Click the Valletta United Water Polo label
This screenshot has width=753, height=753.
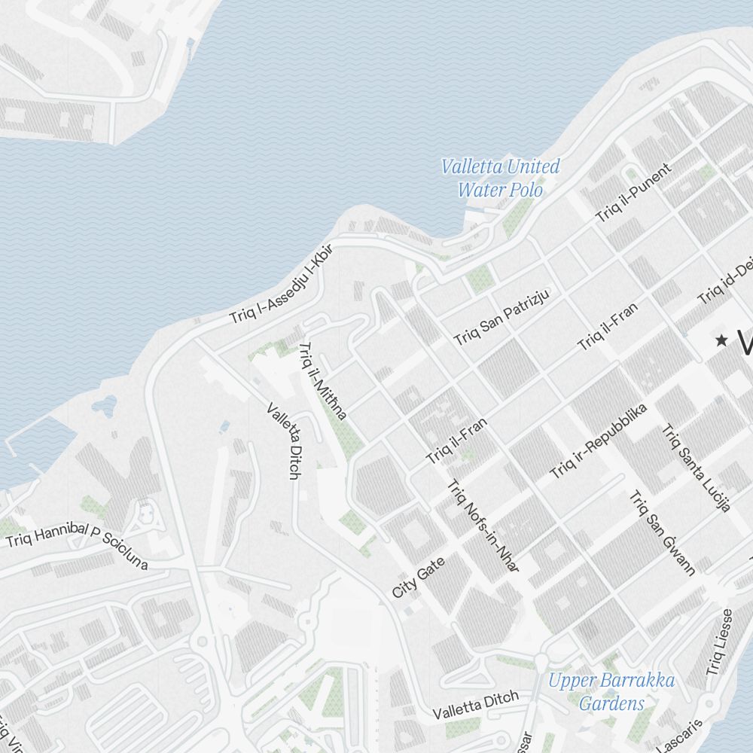(x=501, y=178)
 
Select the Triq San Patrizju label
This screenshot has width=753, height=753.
(x=502, y=317)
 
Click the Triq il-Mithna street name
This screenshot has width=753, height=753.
(x=322, y=381)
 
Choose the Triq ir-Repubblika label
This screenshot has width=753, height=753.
(x=599, y=441)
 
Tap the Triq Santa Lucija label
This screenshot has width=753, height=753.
(x=696, y=468)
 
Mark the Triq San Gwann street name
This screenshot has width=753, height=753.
(x=662, y=533)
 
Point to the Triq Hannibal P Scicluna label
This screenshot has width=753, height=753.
(x=77, y=546)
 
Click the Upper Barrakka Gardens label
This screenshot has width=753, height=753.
(x=611, y=692)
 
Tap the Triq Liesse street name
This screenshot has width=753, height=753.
(x=718, y=642)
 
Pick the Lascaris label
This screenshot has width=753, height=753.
(x=681, y=736)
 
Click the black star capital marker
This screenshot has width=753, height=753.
(x=721, y=340)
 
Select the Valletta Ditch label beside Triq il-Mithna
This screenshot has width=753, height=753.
(x=283, y=441)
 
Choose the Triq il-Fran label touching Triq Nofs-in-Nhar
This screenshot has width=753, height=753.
(x=456, y=441)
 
